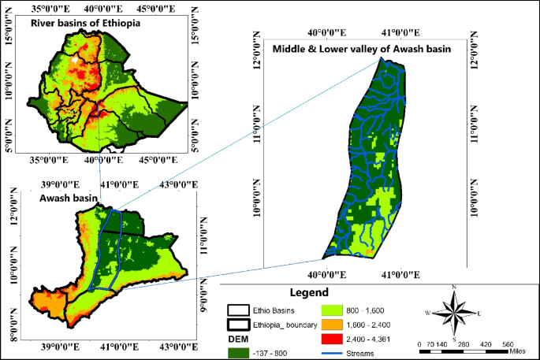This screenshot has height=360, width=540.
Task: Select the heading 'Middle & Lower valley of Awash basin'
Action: coord(361,50)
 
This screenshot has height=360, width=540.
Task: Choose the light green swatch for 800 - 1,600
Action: coord(333,310)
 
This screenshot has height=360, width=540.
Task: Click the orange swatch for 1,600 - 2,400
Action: coord(333,324)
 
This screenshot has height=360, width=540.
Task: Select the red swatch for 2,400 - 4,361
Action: coord(333,338)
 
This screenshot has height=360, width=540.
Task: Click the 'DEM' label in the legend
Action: coord(239,338)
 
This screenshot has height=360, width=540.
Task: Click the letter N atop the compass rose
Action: coord(454,286)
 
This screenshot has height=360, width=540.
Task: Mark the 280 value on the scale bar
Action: coord(462,345)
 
